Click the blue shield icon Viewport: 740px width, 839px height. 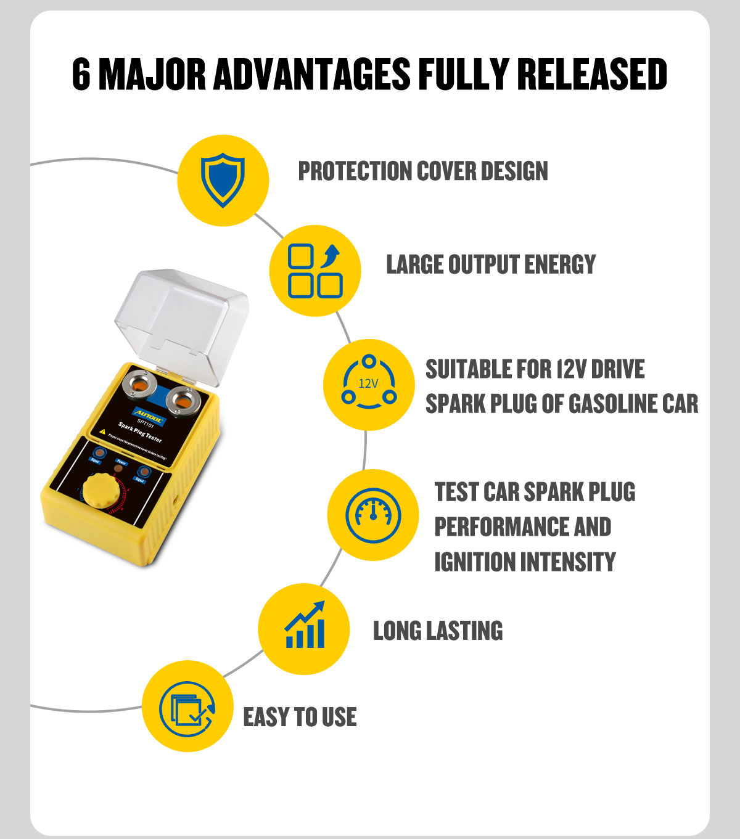pos(223,180)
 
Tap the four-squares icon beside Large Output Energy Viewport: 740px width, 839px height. pos(315,271)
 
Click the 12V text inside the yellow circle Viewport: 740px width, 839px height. pos(368,383)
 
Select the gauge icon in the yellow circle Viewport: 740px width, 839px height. pos(373,515)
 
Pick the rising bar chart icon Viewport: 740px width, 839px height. pos(305,626)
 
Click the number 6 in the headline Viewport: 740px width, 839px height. pos(81,75)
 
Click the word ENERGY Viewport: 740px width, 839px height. pos(560,264)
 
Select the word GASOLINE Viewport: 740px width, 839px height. pos(610,404)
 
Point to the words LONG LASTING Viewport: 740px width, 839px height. pos(438,631)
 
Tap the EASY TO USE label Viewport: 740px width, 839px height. pos(300,717)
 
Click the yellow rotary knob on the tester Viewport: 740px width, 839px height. pos(102,491)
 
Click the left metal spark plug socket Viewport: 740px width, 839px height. pos(140,387)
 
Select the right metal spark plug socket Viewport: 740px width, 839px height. pos(184,403)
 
